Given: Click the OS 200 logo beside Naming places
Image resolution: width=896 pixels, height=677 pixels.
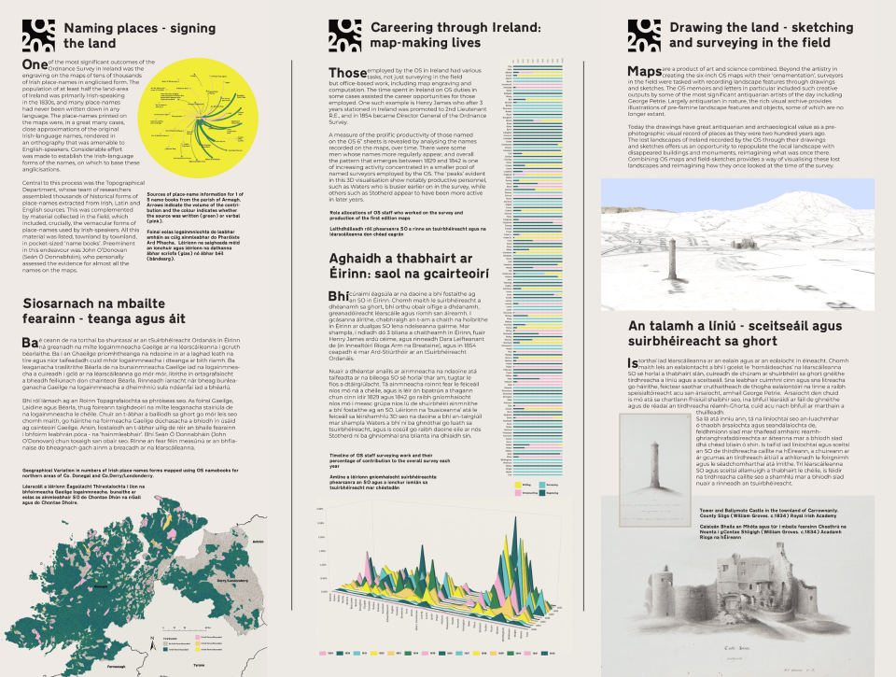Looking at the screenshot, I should pos(40,36).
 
